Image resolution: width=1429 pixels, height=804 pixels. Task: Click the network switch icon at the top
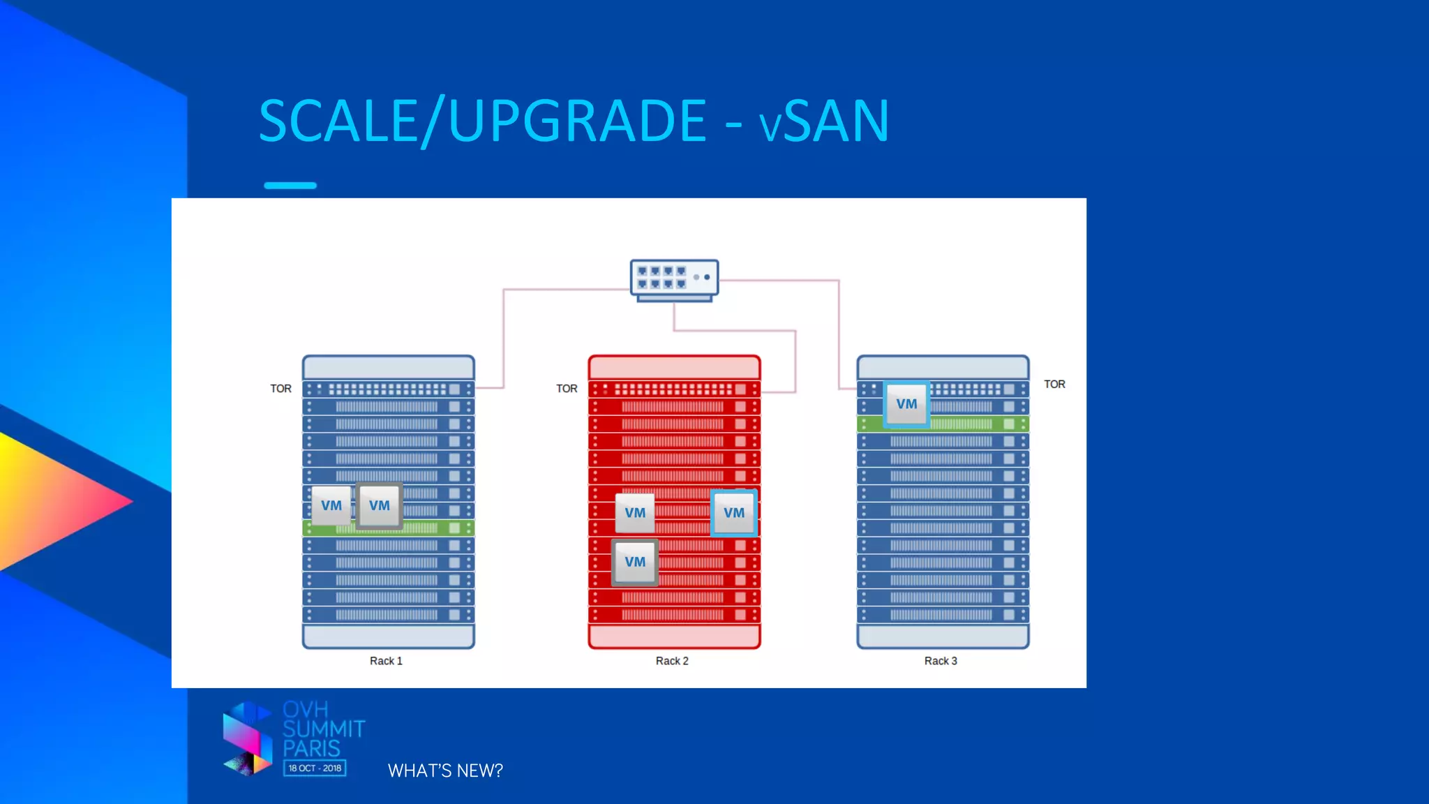coord(674,280)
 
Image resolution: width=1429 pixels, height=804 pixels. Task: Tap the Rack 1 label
coord(386,661)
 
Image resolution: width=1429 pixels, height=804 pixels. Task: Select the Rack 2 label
coord(672,661)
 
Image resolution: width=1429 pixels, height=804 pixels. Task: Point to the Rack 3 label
coord(941,661)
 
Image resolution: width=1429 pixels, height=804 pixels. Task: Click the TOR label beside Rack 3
coord(1054,385)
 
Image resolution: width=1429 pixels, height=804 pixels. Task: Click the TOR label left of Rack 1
coord(280,389)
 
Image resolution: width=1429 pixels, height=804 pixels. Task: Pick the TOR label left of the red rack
coord(567,389)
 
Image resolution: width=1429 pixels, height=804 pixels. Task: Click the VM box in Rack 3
coord(906,404)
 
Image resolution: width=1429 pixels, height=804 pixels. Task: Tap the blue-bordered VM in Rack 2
coord(734,513)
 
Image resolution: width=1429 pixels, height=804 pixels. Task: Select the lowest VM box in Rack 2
coord(635,562)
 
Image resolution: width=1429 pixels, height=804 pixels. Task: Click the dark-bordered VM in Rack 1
coord(380,505)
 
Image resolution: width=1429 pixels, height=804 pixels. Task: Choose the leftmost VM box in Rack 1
coord(331,505)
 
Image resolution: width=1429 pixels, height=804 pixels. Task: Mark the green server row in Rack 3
coord(977,424)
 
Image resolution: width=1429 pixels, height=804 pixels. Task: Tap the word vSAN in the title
coord(825,121)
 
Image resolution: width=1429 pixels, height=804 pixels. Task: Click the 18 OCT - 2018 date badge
coord(315,768)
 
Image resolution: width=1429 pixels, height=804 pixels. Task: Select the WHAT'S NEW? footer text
coord(445,770)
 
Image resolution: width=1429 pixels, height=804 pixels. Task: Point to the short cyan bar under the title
coord(290,186)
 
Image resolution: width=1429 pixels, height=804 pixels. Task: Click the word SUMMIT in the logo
coord(324,729)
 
